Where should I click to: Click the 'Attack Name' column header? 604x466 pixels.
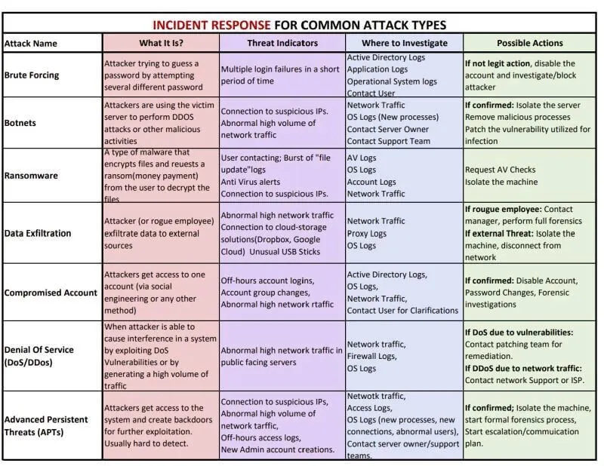pyautogui.click(x=31, y=44)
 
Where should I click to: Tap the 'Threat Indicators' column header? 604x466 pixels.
pyautogui.click(x=282, y=43)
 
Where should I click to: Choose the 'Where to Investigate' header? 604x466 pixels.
pyautogui.click(x=404, y=43)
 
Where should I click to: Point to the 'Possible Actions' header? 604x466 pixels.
pyautogui.click(x=529, y=43)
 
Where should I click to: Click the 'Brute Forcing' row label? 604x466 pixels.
pyautogui.click(x=32, y=75)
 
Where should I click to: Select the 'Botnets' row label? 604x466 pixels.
pyautogui.click(x=20, y=122)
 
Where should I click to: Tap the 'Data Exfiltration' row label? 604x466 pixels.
pyautogui.click(x=38, y=233)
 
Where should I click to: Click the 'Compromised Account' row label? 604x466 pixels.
pyautogui.click(x=51, y=293)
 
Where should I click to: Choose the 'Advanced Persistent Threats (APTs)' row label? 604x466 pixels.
pyautogui.click(x=46, y=425)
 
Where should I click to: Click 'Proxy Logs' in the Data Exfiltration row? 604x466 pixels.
pyautogui.click(x=367, y=233)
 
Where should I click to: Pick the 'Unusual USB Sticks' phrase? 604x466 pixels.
pyautogui.click(x=291, y=251)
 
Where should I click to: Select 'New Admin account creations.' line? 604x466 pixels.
pyautogui.click(x=278, y=449)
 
